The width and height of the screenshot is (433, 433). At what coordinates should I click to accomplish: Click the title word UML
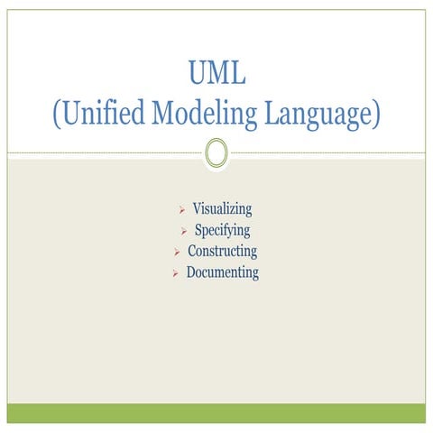tap(216, 72)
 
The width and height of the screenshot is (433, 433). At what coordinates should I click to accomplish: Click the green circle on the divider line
tap(216, 152)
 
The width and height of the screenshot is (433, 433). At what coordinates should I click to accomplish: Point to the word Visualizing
tap(222, 210)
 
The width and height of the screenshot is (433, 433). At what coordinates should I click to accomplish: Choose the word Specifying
tap(222, 231)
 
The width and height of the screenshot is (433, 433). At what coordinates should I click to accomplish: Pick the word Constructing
tap(222, 252)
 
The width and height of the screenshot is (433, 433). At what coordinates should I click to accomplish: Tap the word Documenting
tap(222, 272)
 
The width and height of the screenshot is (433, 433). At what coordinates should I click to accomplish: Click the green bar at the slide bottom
tap(216, 413)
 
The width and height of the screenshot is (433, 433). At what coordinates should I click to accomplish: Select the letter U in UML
tap(197, 72)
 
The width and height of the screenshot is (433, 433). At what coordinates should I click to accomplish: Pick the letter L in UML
tap(238, 72)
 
